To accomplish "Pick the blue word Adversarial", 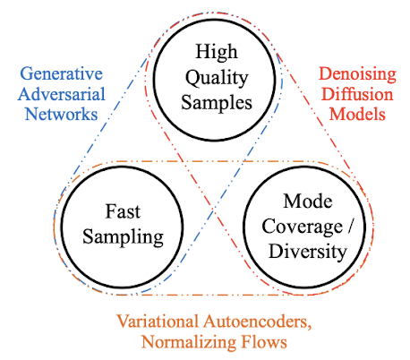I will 58,94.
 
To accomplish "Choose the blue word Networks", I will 58,114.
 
